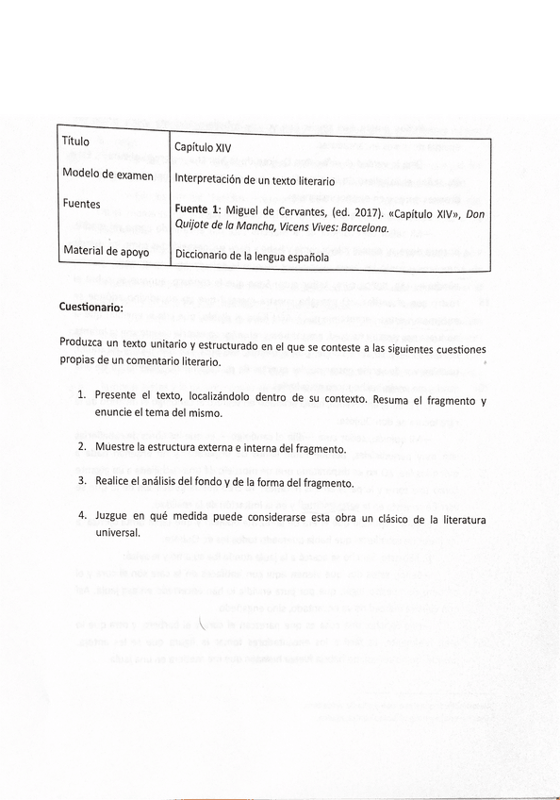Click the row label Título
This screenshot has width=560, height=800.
coord(75,142)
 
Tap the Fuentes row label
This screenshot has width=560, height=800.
coord(82,204)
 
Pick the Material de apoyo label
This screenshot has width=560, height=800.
coord(107,250)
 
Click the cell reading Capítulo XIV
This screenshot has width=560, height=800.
coord(203,147)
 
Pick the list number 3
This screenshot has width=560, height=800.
coord(82,482)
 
